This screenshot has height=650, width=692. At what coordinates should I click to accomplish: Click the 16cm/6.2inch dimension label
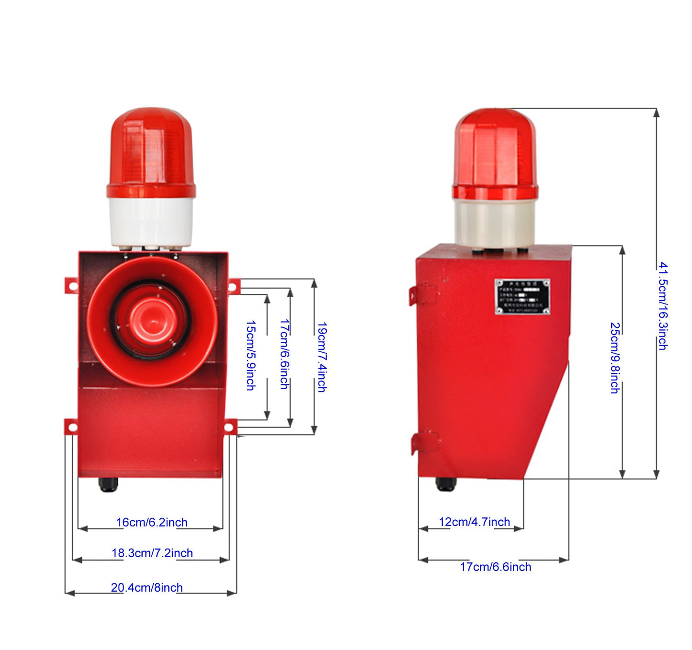(x=152, y=522)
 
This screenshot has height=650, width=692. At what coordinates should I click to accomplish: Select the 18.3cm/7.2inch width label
(x=152, y=553)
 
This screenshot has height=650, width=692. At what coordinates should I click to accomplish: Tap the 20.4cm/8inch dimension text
(x=147, y=588)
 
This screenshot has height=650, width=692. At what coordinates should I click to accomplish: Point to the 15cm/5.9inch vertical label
(x=250, y=356)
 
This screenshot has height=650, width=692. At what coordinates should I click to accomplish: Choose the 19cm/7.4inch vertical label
(x=322, y=357)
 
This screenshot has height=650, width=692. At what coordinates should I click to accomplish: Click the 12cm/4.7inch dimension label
(x=475, y=522)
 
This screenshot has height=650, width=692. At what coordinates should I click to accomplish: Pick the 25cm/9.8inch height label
(x=615, y=358)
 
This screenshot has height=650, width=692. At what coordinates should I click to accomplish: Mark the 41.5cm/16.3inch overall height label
(x=663, y=306)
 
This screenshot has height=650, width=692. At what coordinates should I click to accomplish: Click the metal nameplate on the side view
(x=522, y=297)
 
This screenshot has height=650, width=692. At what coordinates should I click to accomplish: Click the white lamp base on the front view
(x=151, y=222)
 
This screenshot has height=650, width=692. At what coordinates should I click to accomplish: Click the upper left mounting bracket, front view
(x=71, y=285)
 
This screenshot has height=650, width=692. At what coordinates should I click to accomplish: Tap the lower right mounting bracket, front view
(x=230, y=426)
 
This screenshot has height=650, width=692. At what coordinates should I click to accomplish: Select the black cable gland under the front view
(x=108, y=484)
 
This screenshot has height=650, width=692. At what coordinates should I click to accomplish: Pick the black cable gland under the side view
(x=446, y=484)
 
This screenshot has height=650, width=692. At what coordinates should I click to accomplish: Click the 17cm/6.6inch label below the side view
(x=496, y=567)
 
